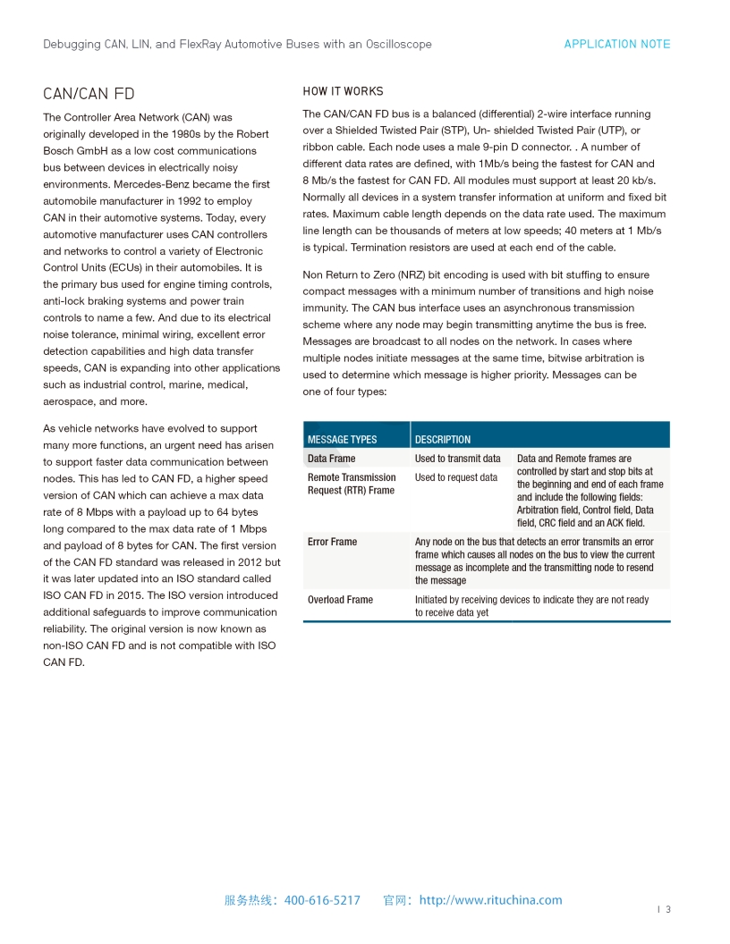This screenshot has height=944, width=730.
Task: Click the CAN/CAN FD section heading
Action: (x=89, y=94)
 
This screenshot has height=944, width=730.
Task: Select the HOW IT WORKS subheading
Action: (x=343, y=91)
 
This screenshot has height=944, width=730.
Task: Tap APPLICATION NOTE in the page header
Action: (x=616, y=44)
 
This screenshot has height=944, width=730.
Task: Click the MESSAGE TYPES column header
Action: (x=342, y=439)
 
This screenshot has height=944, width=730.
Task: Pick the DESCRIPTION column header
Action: (x=443, y=439)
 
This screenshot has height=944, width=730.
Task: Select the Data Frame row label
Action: (x=331, y=459)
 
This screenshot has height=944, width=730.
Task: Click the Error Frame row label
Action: (x=332, y=542)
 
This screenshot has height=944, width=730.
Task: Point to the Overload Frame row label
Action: (x=340, y=600)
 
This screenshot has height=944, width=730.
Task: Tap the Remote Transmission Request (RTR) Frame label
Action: (x=352, y=484)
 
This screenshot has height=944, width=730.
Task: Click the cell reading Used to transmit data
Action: (x=458, y=459)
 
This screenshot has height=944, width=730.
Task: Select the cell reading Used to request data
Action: (x=456, y=477)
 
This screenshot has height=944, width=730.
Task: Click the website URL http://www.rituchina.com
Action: (x=490, y=900)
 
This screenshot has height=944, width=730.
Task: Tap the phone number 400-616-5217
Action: (x=322, y=900)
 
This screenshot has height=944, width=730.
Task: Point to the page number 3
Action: (x=667, y=910)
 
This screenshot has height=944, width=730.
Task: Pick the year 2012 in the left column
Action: (x=250, y=562)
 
